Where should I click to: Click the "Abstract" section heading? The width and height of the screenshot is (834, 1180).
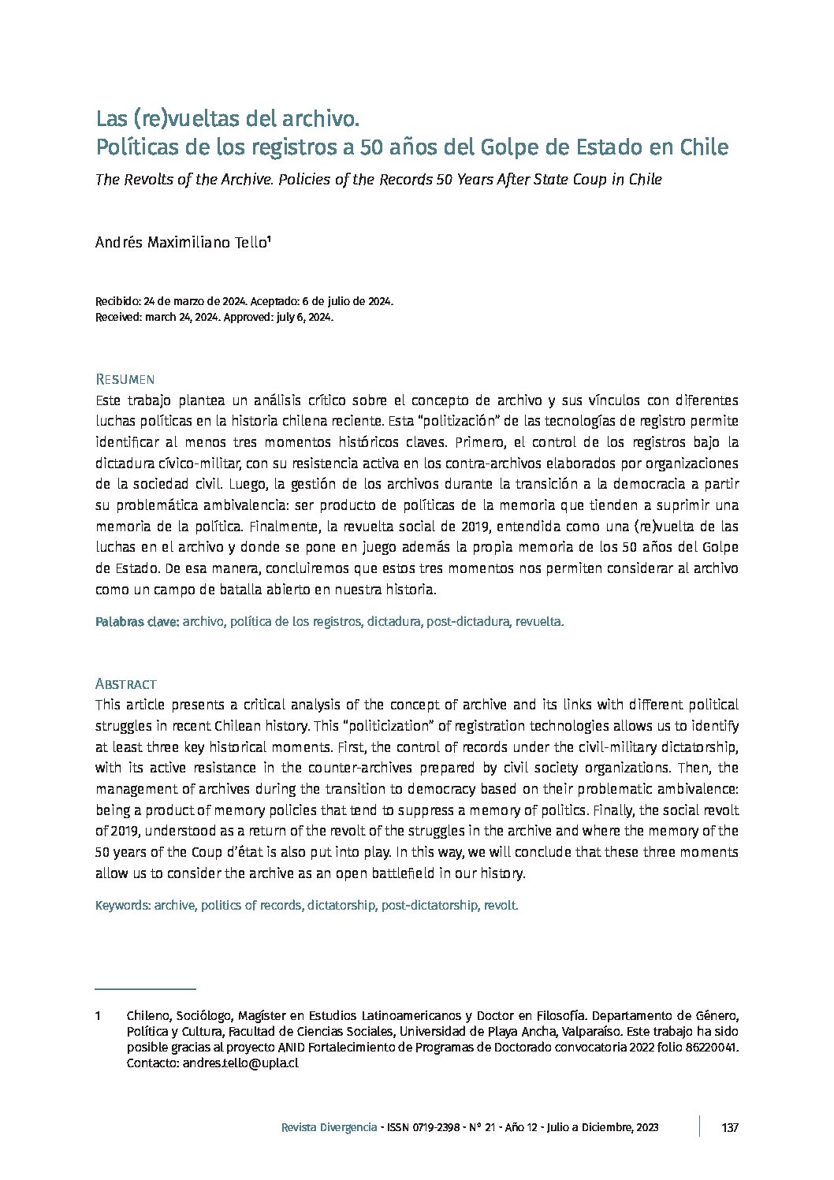(126, 683)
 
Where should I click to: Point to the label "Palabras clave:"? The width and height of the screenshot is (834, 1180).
(137, 622)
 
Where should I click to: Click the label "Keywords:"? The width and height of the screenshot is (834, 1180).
(123, 906)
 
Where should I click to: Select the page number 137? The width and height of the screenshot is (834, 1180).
(730, 1128)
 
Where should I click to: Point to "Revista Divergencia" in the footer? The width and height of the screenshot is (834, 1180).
(329, 1128)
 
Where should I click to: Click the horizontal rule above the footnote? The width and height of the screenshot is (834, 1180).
(145, 988)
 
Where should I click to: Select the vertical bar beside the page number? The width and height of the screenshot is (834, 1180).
(699, 1126)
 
